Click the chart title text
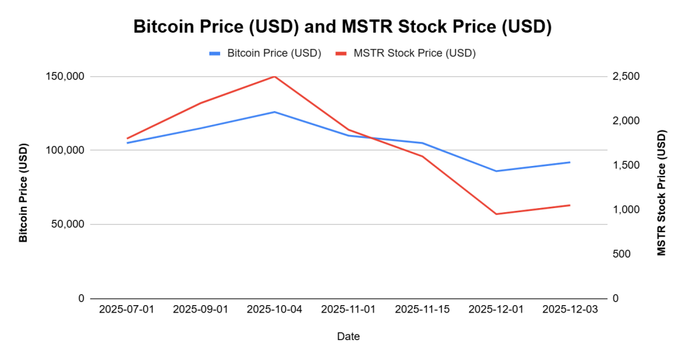(342, 27)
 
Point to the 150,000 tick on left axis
(66, 76)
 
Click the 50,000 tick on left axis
(68, 224)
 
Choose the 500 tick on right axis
(622, 254)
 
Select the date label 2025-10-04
(274, 310)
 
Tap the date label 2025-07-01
(126, 310)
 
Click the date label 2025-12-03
(570, 310)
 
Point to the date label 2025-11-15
(422, 310)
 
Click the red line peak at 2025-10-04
(274, 76)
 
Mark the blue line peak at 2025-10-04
(274, 112)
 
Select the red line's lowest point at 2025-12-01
(496, 214)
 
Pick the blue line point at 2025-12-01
(496, 171)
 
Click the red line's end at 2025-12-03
(570, 205)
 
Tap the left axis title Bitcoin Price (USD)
(23, 192)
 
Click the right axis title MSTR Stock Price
(662, 192)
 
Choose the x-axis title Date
(348, 337)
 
